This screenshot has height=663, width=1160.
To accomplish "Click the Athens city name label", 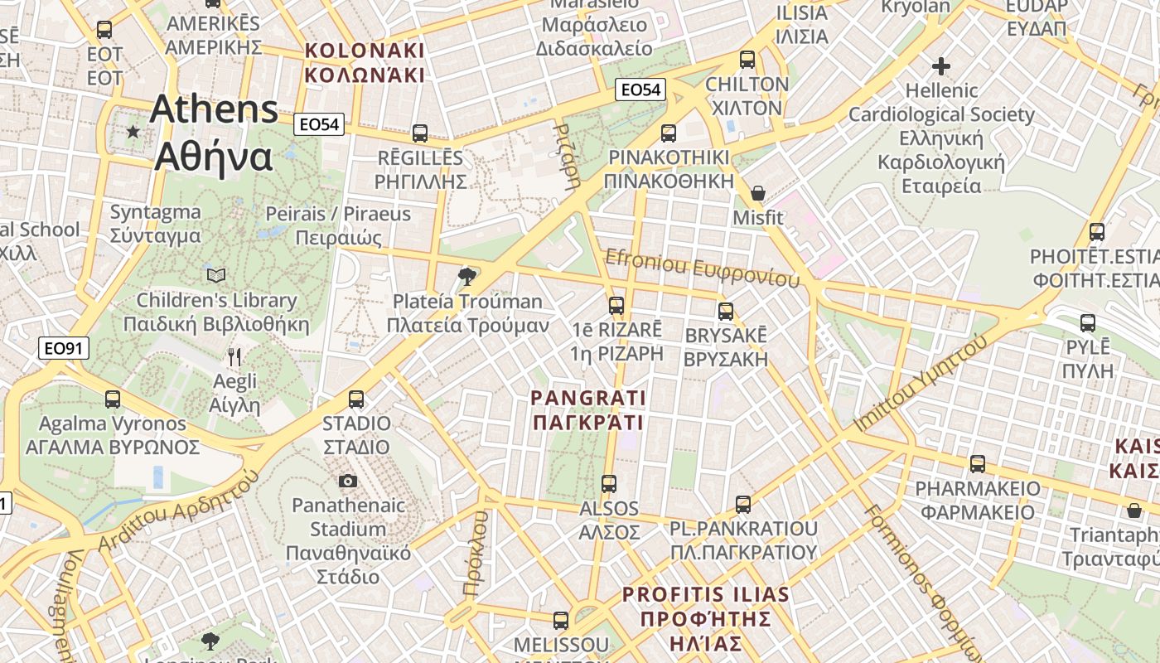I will pyautogui.click(x=214, y=133).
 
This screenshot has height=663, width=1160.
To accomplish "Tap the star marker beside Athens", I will pyautogui.click(x=133, y=132).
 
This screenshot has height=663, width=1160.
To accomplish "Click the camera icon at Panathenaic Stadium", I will pyautogui.click(x=348, y=481).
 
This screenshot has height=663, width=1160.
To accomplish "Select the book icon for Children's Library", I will pyautogui.click(x=215, y=275).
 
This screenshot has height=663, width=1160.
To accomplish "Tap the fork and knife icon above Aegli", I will pyautogui.click(x=234, y=357).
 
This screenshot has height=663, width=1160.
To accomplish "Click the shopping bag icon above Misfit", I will pyautogui.click(x=757, y=193).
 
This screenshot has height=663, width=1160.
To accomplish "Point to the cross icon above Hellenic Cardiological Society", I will pyautogui.click(x=941, y=65).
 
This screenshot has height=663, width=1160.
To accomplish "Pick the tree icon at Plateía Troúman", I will pyautogui.click(x=467, y=277).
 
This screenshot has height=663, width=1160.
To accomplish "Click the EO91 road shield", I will pyautogui.click(x=64, y=348).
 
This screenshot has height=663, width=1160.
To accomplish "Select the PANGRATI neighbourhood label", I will pyautogui.click(x=588, y=410).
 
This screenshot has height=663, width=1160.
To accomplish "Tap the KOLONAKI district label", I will pyautogui.click(x=365, y=63).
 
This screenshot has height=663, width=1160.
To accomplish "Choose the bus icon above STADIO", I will pyautogui.click(x=356, y=399).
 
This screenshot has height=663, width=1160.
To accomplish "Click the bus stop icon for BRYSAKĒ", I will pyautogui.click(x=726, y=312).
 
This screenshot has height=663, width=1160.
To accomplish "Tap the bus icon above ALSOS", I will pyautogui.click(x=609, y=484).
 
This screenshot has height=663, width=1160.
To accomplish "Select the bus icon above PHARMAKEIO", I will pyautogui.click(x=978, y=464).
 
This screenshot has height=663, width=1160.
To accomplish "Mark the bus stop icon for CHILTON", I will pyautogui.click(x=747, y=60).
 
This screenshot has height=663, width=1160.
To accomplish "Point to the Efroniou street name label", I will pyautogui.click(x=703, y=269).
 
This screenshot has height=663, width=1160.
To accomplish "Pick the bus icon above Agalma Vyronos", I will pyautogui.click(x=113, y=399).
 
